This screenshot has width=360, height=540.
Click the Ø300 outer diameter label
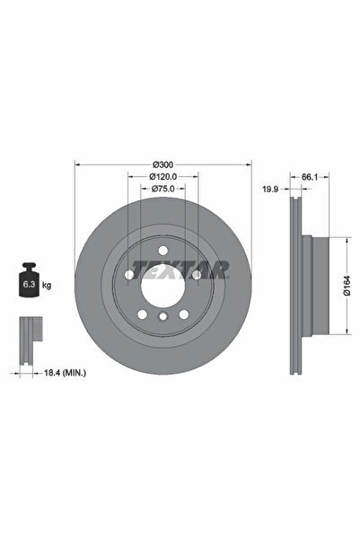pos(162,164)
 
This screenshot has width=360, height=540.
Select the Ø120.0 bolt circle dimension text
pos(162,177)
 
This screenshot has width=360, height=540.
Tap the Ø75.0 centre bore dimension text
pos(162,190)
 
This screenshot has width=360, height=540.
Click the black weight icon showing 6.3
pos(28,282)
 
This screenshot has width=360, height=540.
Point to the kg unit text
pos(47,285)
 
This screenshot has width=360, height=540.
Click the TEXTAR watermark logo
pos(180,269)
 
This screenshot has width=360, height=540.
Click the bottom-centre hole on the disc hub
pos(162,316)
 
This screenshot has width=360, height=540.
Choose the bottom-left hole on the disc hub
pos(143,311)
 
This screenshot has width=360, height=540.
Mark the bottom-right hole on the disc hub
pos(182,311)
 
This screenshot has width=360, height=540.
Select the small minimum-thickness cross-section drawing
pos(28,332)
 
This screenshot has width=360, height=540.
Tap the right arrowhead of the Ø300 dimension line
pos(250,164)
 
